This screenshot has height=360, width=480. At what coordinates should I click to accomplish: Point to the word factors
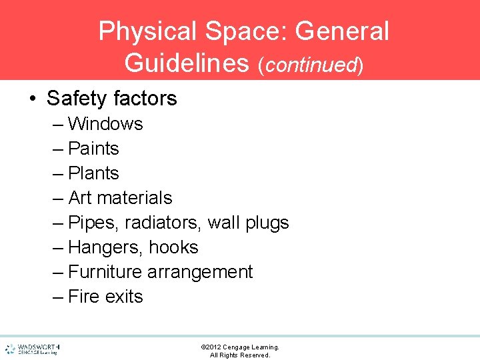coord(145,99)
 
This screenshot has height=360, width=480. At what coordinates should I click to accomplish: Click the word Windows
coord(105,124)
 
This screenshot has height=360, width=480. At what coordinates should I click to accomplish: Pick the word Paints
coord(93,149)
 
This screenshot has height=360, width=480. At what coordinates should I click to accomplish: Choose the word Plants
coord(93,173)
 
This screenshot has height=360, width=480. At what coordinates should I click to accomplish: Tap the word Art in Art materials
coord(80,198)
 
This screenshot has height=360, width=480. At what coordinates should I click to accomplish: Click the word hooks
coord(173,247)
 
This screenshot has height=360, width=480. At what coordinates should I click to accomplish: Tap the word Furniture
coord(105,272)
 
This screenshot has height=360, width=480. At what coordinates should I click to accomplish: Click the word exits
coord(123,297)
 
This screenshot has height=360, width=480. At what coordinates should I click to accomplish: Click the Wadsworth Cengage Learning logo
coord(32,349)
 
